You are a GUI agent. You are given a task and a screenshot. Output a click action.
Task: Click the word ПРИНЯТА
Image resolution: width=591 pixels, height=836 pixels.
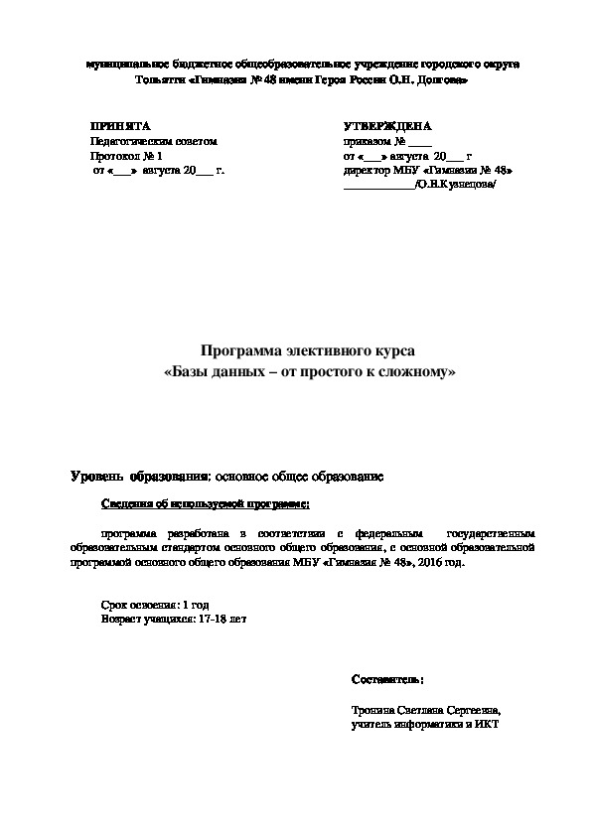119,128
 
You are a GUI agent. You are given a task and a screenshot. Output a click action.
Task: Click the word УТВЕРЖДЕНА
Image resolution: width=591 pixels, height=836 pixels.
386,128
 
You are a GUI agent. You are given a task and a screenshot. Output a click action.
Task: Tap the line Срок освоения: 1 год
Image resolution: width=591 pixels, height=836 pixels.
156,604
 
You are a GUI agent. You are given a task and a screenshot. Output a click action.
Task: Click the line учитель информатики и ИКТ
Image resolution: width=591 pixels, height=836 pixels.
424,724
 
